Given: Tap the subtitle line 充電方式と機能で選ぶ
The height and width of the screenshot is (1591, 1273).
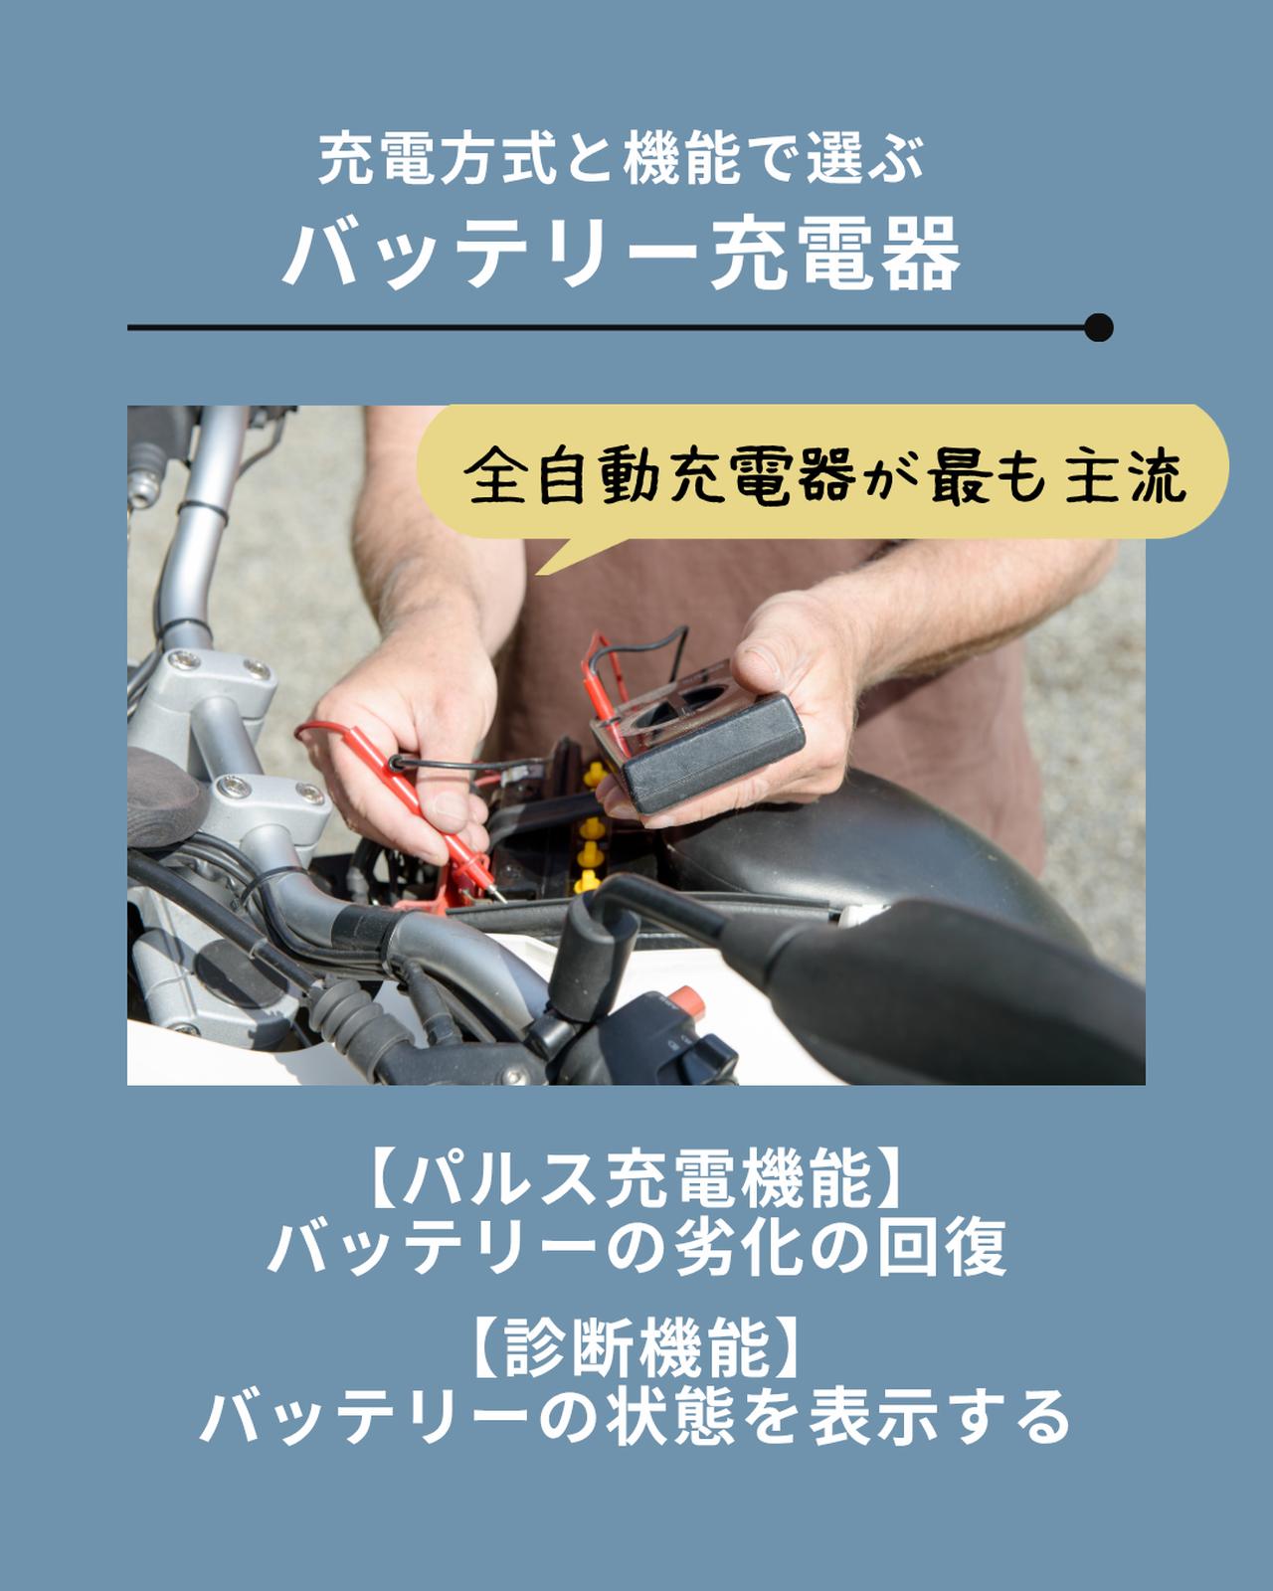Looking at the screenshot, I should [x=622, y=159].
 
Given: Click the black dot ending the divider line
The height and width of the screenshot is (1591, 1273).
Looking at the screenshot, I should [x=1098, y=327].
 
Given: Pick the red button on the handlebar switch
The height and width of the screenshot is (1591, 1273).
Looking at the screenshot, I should [x=684, y=997].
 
